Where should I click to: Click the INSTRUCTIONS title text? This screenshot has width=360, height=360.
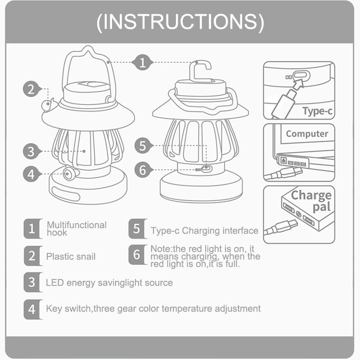pyautogui.click(x=180, y=22)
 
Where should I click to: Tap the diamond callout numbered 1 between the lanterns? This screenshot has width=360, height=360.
pyautogui.click(x=142, y=62)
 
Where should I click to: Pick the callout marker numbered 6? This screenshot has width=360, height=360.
pyautogui.click(x=143, y=170)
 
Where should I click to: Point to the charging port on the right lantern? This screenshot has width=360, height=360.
pyautogui.click(x=207, y=169)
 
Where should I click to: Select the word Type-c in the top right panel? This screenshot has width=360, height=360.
pyautogui.click(x=317, y=111)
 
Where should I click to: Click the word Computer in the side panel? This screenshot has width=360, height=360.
pyautogui.click(x=307, y=134)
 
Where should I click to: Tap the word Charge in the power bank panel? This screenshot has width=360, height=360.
pyautogui.click(x=311, y=196)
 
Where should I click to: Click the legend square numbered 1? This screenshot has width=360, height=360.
pyautogui.click(x=33, y=229)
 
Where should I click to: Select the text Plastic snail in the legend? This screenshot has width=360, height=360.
pyautogui.click(x=71, y=256)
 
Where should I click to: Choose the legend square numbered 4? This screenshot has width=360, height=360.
pyautogui.click(x=33, y=309)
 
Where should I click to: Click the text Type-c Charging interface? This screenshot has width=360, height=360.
pyautogui.click(x=204, y=231)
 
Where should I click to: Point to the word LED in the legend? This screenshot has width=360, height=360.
pyautogui.click(x=55, y=283)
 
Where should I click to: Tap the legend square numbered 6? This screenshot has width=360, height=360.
pyautogui.click(x=138, y=255)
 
